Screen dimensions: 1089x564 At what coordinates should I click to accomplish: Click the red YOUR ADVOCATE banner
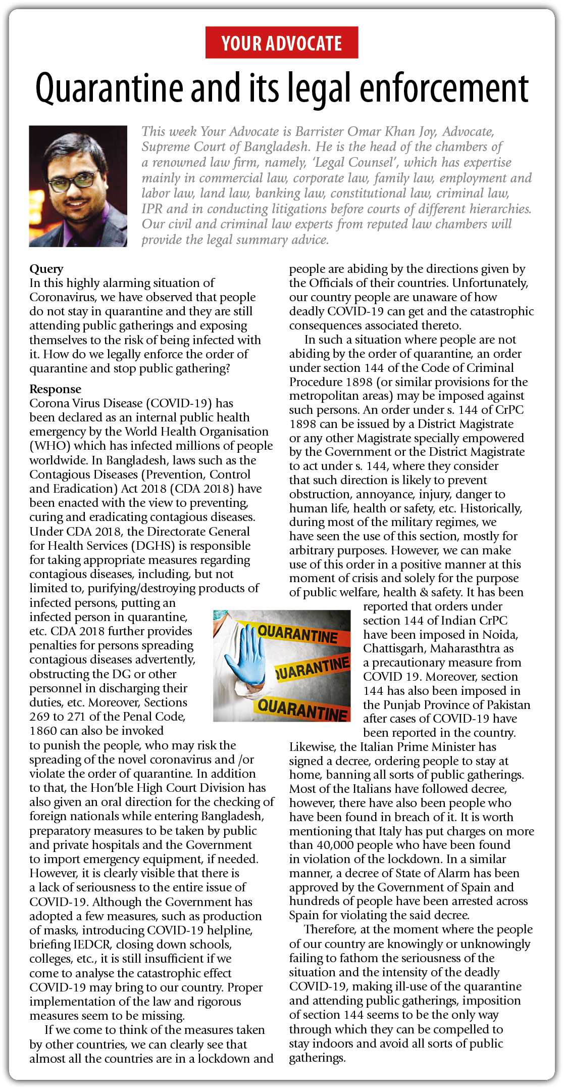(282, 43)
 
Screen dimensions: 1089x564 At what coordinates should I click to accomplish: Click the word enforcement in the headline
(444, 88)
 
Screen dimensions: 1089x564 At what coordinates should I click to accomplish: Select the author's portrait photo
(78, 186)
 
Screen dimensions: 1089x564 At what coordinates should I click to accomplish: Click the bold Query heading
(46, 269)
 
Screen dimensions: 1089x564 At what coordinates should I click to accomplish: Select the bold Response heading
(55, 389)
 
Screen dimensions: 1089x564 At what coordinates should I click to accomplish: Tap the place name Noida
(500, 635)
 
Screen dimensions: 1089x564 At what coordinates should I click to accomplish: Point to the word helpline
(229, 930)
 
